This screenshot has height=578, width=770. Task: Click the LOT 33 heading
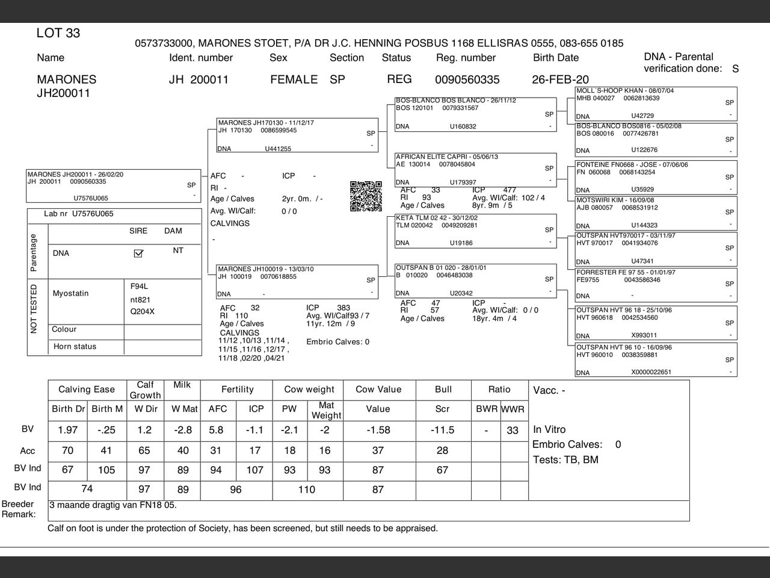pos(58,33)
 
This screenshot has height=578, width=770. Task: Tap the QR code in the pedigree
pos(366,196)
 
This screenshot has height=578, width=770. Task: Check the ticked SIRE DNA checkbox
pos(138,253)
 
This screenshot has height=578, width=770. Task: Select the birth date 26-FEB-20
pos(560,79)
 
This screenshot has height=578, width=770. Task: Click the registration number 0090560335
pos(467,79)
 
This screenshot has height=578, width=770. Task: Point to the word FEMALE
pos(294,79)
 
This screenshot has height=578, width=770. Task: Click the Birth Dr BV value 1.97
pos(68,430)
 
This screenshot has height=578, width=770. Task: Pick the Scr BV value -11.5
pos(442,430)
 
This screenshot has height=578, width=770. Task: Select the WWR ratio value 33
pos(513,430)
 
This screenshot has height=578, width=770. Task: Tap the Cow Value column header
pos(378,390)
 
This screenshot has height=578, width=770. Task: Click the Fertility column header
pos(238,390)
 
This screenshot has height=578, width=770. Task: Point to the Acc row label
pos(28,451)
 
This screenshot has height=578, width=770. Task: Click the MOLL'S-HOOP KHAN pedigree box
pos(656,103)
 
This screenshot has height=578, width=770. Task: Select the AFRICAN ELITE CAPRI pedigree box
pos(475,170)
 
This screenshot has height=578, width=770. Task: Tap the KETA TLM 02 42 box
pos(475,231)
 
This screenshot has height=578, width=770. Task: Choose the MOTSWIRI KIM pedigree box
pos(656,213)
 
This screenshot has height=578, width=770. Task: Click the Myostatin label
pos(70,293)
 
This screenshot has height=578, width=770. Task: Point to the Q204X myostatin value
pos(143,312)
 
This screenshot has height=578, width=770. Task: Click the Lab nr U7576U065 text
pos(78,214)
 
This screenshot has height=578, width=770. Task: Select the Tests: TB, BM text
pos(565,460)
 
